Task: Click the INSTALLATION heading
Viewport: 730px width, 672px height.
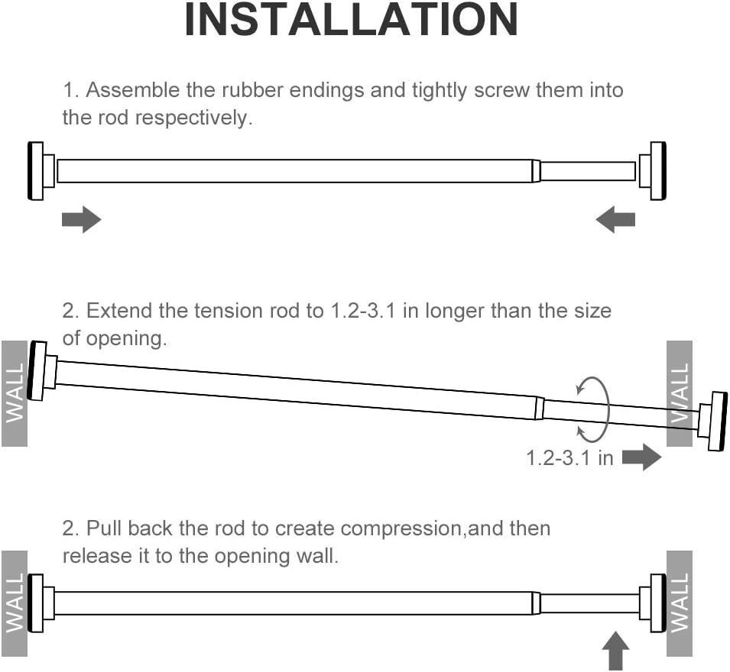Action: click(x=352, y=21)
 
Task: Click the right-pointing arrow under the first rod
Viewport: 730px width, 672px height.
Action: click(x=81, y=220)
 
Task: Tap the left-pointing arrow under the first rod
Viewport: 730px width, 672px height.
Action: click(x=615, y=221)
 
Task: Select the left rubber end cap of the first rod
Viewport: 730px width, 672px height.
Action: click(x=36, y=170)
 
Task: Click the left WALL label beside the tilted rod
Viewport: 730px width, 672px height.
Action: click(x=15, y=393)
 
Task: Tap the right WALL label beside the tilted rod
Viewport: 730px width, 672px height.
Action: click(x=680, y=393)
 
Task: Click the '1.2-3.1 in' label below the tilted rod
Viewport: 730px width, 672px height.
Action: click(x=569, y=458)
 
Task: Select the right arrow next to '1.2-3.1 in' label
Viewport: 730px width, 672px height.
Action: click(x=641, y=457)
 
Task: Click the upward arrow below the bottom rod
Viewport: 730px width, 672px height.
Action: click(x=616, y=653)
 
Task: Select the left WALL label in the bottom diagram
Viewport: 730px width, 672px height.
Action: click(x=15, y=603)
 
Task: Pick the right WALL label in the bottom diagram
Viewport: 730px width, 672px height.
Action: click(x=680, y=603)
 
